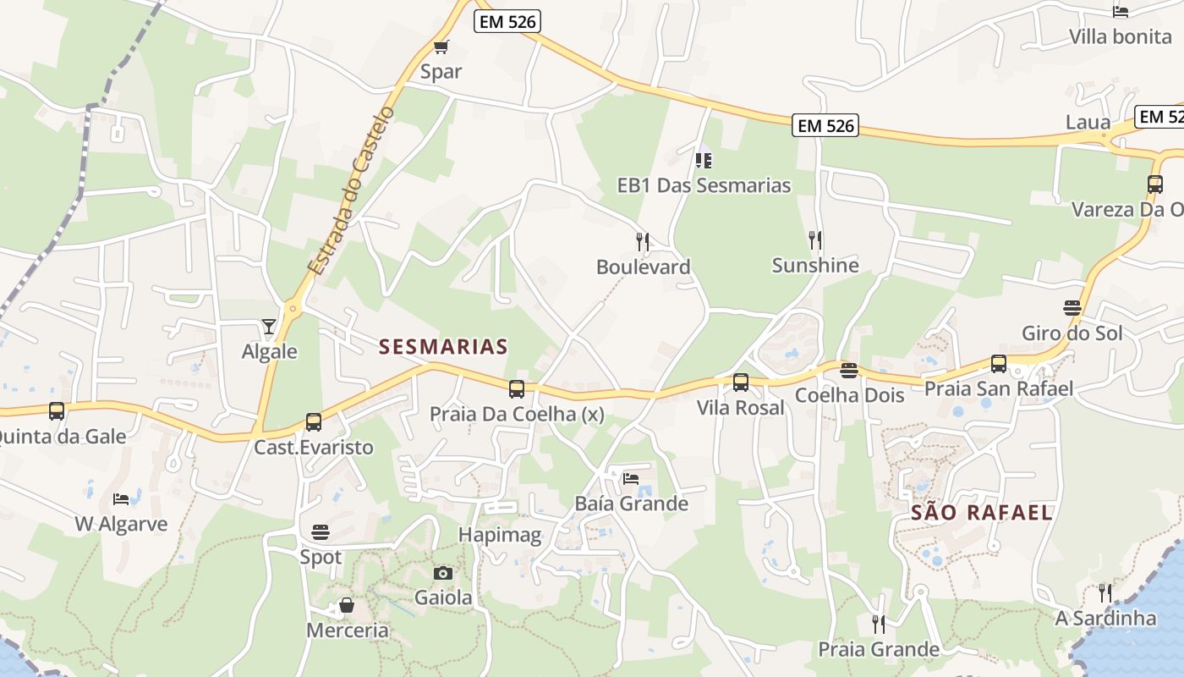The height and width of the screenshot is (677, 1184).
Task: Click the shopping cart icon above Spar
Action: pyautogui.click(x=441, y=47)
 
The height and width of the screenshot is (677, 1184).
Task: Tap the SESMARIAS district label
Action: pyautogui.click(x=443, y=346)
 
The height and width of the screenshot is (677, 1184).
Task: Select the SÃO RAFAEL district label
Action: pyautogui.click(x=981, y=512)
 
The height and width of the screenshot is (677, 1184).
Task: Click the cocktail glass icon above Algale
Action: pyautogui.click(x=269, y=326)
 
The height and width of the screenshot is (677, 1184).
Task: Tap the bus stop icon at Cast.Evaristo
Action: pyautogui.click(x=314, y=421)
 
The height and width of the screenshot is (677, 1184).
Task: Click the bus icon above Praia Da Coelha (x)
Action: pyautogui.click(x=516, y=389)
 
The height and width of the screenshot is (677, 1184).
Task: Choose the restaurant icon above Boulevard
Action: pyautogui.click(x=643, y=242)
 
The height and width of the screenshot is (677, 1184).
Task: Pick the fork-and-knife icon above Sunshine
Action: pyautogui.click(x=815, y=239)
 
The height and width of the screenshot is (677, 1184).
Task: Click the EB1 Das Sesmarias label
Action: pyautogui.click(x=704, y=185)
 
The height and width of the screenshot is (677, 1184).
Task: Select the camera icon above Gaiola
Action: pyautogui.click(x=442, y=573)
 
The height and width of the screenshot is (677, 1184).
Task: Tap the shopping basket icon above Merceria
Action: pyautogui.click(x=347, y=605)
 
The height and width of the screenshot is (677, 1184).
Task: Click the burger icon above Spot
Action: pyautogui.click(x=321, y=531)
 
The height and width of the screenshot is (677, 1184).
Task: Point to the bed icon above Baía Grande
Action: pyautogui.click(x=631, y=478)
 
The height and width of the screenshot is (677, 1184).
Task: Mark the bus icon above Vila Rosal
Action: pyautogui.click(x=741, y=383)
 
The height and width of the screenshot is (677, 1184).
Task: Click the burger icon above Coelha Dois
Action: pyautogui.click(x=849, y=370)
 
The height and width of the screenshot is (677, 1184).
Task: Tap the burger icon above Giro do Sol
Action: pyautogui.click(x=1072, y=307)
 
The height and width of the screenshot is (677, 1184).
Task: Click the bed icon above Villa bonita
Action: pyautogui.click(x=1121, y=12)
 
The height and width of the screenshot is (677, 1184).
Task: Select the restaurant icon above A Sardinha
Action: pyautogui.click(x=1105, y=592)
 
